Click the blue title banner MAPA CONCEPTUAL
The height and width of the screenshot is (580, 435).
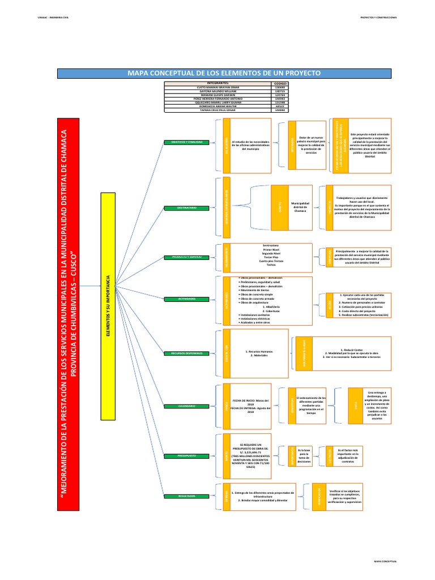217,73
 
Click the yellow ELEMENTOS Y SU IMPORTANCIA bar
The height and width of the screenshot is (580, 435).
107,306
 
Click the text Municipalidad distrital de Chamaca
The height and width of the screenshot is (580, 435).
300,206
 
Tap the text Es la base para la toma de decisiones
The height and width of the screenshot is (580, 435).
304,455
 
